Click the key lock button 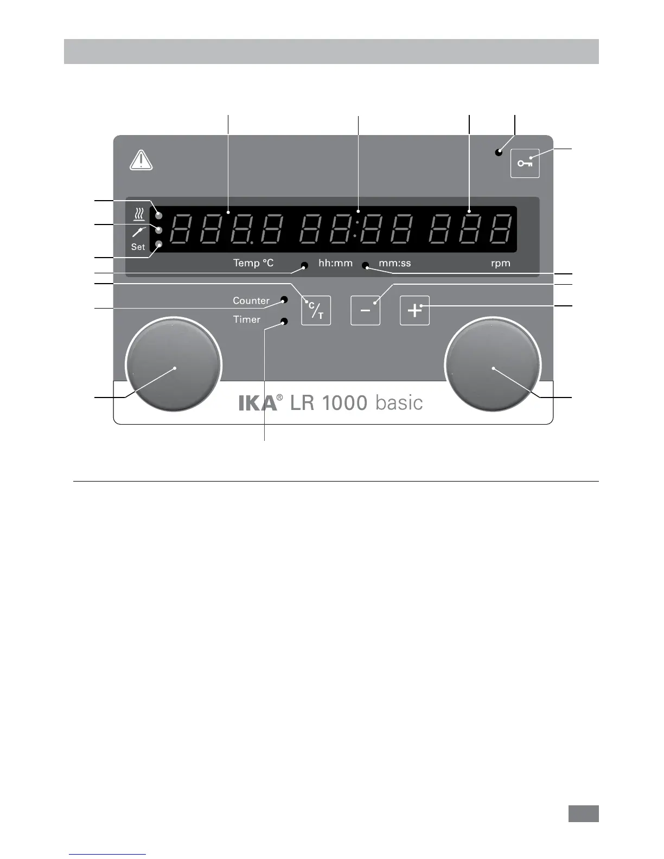(x=525, y=163)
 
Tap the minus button (x=365, y=310)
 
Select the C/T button (x=316, y=310)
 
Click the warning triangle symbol (x=141, y=161)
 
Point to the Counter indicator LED (x=284, y=299)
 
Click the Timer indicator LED (x=284, y=322)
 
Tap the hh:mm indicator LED (x=304, y=265)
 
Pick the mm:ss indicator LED (x=366, y=266)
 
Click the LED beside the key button (x=498, y=153)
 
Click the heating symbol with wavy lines (x=139, y=215)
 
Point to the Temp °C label (x=253, y=264)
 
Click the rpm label (x=500, y=264)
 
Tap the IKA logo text (x=258, y=403)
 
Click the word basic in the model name (x=399, y=403)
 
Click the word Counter (x=251, y=300)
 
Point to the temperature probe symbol (x=139, y=232)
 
